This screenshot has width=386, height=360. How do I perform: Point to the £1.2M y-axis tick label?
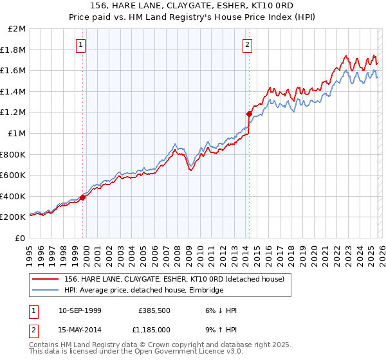[x=14, y=113]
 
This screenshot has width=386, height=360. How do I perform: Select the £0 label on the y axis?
[x=21, y=238]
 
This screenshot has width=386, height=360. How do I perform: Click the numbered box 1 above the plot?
[x=81, y=44]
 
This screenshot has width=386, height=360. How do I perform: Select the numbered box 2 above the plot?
[x=248, y=44]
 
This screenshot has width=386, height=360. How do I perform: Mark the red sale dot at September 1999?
[x=83, y=197]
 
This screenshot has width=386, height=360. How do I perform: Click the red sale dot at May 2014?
[x=249, y=114]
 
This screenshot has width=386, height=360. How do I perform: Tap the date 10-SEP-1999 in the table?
[x=80, y=310]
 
